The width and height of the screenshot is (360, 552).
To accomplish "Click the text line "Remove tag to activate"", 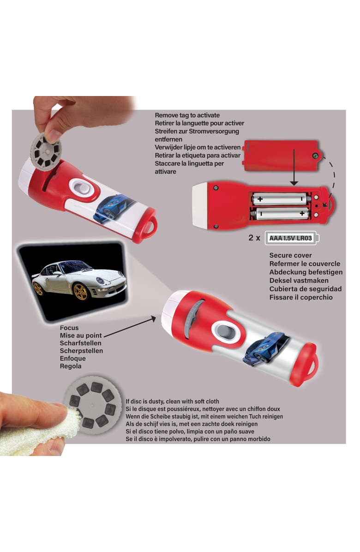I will click(x=187, y=115).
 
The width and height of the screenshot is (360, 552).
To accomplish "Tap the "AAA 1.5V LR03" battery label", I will click(x=290, y=239).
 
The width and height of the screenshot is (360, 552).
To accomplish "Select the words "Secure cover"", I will click(x=290, y=255).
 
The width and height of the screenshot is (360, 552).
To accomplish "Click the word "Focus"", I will click(x=69, y=328).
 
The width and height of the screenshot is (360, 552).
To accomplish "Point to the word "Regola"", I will click(x=71, y=366).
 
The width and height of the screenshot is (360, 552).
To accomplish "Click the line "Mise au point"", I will click(x=81, y=336).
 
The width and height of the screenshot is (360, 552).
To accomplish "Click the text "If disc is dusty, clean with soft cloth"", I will click(x=172, y=402).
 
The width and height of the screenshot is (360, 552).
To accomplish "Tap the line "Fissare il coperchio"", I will click(x=300, y=297).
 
